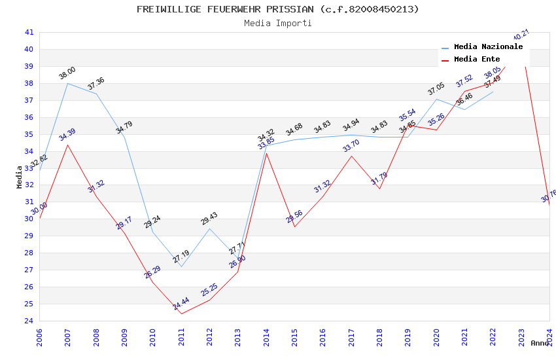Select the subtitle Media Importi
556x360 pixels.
click(x=278, y=23)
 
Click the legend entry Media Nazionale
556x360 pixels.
click(x=488, y=47)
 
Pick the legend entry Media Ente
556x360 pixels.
click(x=477, y=59)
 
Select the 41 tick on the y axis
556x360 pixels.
click(x=29, y=32)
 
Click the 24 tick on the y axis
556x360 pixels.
click(x=29, y=321)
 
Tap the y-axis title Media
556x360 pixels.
click(x=20, y=177)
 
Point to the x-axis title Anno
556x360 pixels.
click(x=540, y=343)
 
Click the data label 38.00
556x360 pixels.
click(x=67, y=73)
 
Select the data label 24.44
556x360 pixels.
click(x=181, y=304)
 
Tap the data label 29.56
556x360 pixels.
click(x=294, y=217)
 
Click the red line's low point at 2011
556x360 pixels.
click(x=181, y=314)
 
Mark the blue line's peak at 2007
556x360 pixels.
click(x=67, y=83)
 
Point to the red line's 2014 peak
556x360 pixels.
click(x=266, y=153)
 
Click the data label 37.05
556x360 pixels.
click(x=436, y=89)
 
